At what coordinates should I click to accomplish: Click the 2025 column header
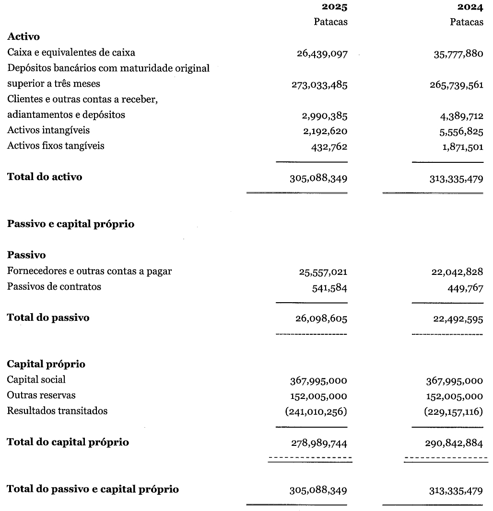point(334,7)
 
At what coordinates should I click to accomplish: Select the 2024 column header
point(470,7)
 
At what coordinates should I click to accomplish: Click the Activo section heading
point(23,37)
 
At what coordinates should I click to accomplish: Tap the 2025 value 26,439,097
point(322,53)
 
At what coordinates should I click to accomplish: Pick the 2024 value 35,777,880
point(458,53)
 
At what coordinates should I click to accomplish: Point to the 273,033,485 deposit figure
point(319,85)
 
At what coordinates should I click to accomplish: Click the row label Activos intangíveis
point(48,130)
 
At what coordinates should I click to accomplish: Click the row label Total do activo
point(45,177)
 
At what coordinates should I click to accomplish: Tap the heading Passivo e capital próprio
point(70,224)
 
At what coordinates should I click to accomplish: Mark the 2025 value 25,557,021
point(322,272)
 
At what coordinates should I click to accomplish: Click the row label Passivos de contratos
point(54,287)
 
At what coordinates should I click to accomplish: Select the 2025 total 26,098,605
point(321,318)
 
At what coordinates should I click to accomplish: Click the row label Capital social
point(36,380)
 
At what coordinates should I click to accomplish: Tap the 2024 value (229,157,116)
point(453,411)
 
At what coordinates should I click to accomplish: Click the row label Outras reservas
point(41,396)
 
